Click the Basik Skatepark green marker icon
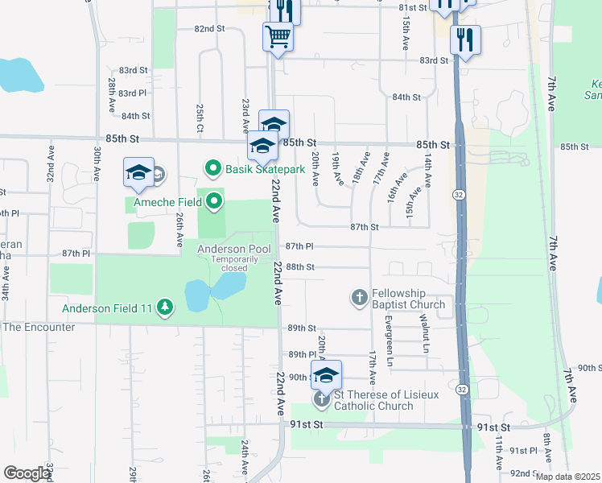click(x=213, y=169)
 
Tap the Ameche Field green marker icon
click(x=213, y=202)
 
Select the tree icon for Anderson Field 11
click(x=165, y=306)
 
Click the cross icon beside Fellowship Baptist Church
click(x=360, y=298)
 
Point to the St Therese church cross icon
click(x=321, y=399)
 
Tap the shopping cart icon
click(x=278, y=36)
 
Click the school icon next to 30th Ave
click(x=138, y=172)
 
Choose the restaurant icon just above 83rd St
click(x=465, y=39)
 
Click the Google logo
click(x=27, y=473)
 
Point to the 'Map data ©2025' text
click(x=567, y=477)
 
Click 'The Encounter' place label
click(x=38, y=327)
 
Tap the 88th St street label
click(x=299, y=266)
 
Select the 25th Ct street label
click(x=199, y=118)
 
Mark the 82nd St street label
click(x=208, y=28)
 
